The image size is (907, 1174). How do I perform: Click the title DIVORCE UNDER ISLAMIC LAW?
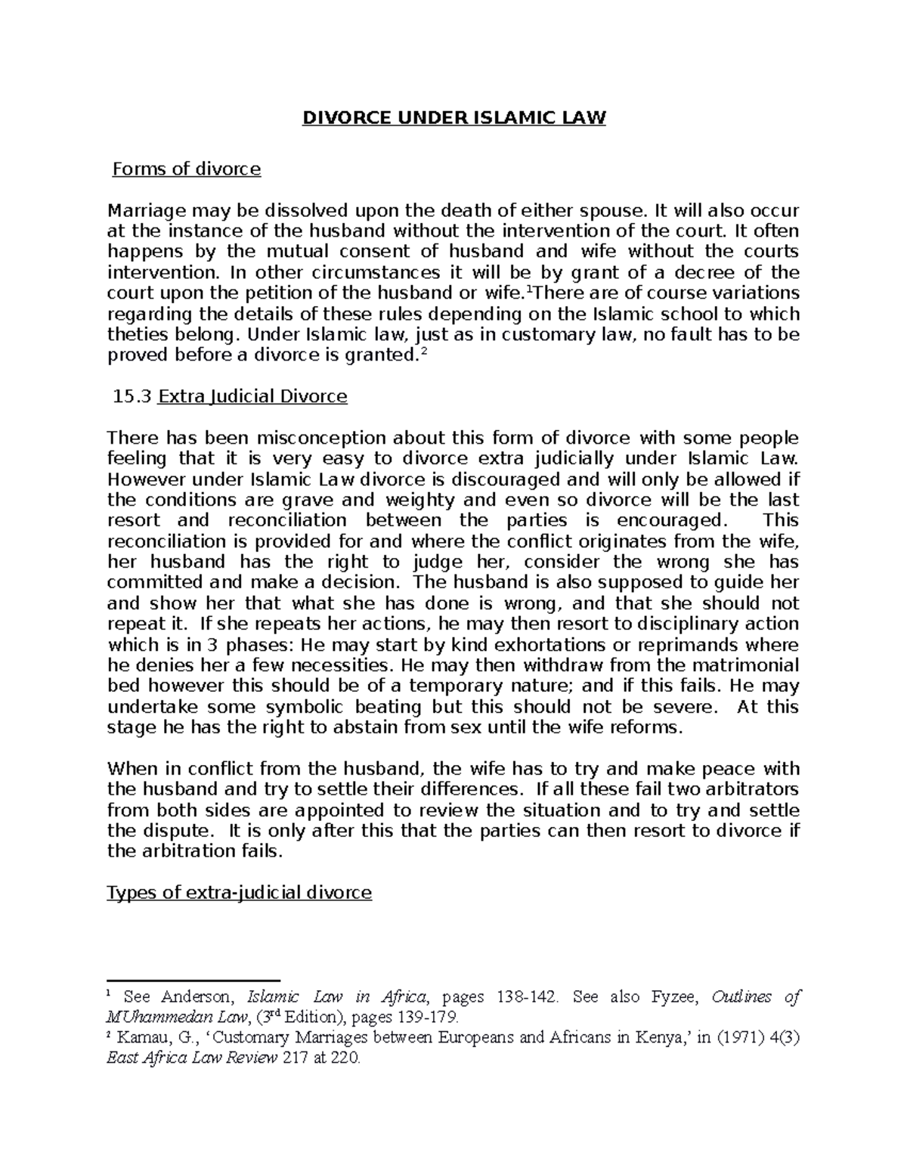[454, 119]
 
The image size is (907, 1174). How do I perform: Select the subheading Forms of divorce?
[186, 169]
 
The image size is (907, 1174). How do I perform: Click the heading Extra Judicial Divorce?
[252, 396]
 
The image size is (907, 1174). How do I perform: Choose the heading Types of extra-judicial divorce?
[240, 893]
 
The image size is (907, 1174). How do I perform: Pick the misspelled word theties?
[135, 334]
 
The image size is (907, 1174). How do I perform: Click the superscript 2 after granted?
[423, 352]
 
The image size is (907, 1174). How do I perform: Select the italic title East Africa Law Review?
[192, 1058]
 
